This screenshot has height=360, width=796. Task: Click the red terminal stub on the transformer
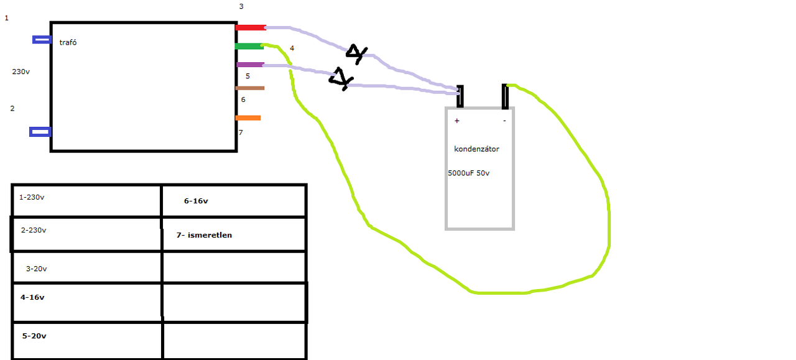click(x=251, y=27)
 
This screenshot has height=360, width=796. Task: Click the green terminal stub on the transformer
click(x=249, y=46)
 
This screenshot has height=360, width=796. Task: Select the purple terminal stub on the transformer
click(x=251, y=65)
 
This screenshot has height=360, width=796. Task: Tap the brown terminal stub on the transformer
click(x=250, y=88)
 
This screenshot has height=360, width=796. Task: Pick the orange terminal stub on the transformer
click(x=248, y=118)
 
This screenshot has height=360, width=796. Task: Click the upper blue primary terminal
click(x=42, y=39)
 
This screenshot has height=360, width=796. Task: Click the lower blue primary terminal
click(x=40, y=132)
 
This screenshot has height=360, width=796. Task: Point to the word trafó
click(x=68, y=42)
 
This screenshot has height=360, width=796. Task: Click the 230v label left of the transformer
click(x=21, y=72)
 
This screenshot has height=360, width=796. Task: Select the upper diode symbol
click(x=356, y=53)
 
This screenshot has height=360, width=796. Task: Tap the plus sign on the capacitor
click(x=457, y=121)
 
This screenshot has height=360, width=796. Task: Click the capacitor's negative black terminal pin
click(x=505, y=96)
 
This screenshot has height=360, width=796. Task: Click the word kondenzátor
click(x=476, y=149)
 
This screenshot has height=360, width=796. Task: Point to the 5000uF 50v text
click(x=469, y=173)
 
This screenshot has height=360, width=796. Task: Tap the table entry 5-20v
click(x=34, y=336)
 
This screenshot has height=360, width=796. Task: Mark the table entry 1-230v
click(x=32, y=197)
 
